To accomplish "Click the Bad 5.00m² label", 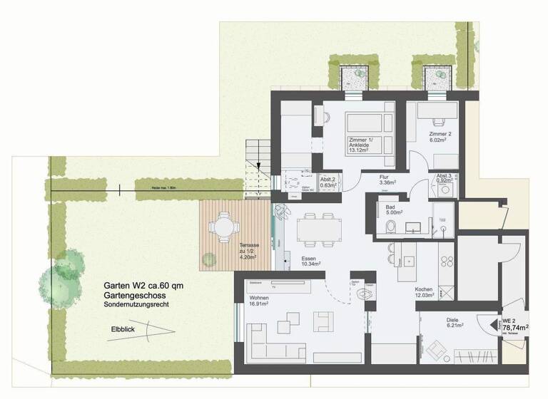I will tap(395, 209).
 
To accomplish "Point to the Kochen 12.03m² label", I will tap(426, 291).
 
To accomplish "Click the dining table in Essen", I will tap(311, 229).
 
